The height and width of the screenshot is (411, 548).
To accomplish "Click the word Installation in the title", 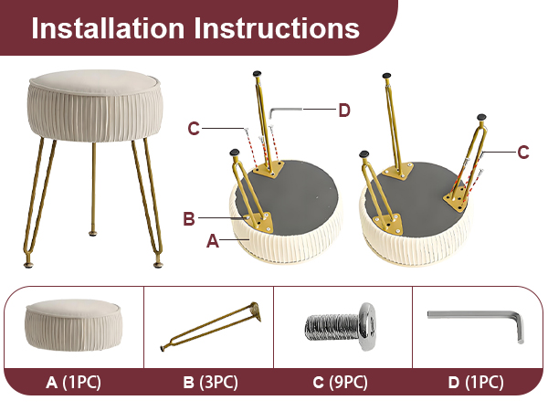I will point(108,27).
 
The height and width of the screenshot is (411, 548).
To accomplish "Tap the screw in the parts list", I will point(342,324).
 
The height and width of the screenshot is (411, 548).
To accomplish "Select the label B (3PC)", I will point(209,380).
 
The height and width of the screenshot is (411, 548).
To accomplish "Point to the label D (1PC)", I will point(478,380).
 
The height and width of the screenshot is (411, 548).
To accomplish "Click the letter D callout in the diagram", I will point(343,111).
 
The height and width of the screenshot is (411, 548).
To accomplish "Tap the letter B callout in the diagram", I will point(189,218).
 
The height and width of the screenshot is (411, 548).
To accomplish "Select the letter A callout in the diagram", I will point(213,242).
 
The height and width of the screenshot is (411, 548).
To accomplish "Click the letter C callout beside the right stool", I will point(522,153).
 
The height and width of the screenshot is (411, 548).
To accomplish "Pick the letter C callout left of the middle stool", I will point(194,129).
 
